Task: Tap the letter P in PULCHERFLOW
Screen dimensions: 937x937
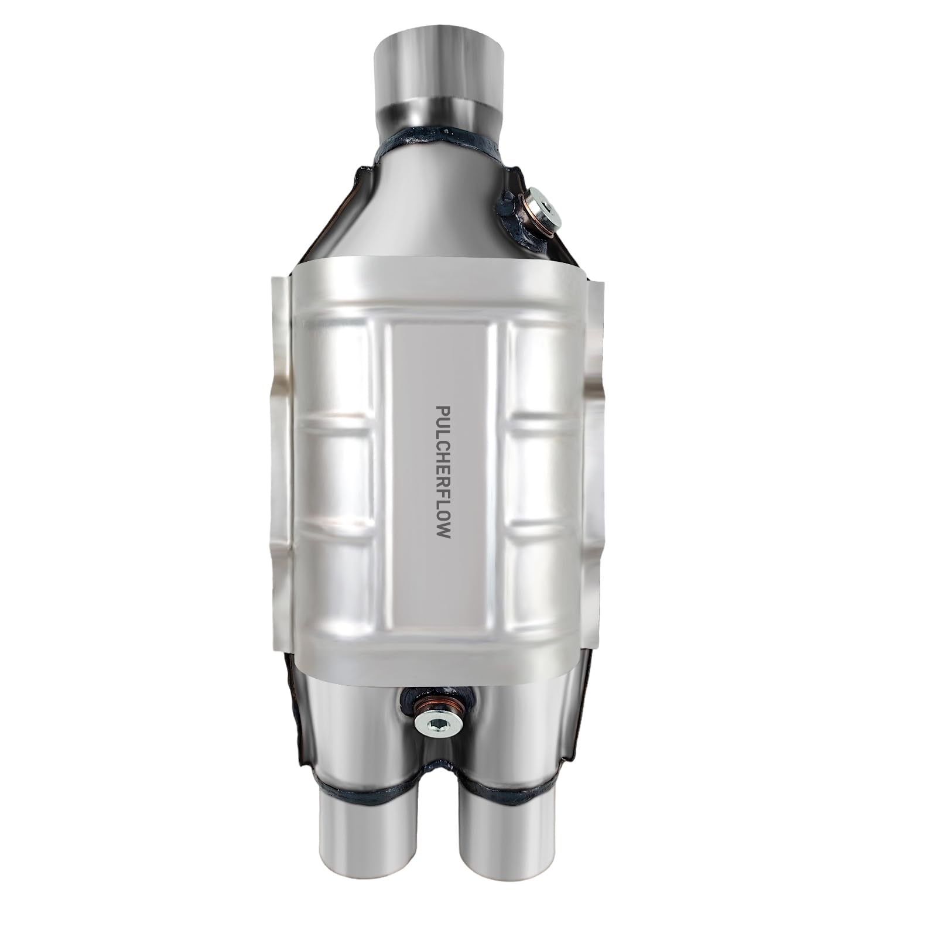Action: coord(443,409)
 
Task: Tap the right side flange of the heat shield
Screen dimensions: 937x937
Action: coord(597,468)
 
